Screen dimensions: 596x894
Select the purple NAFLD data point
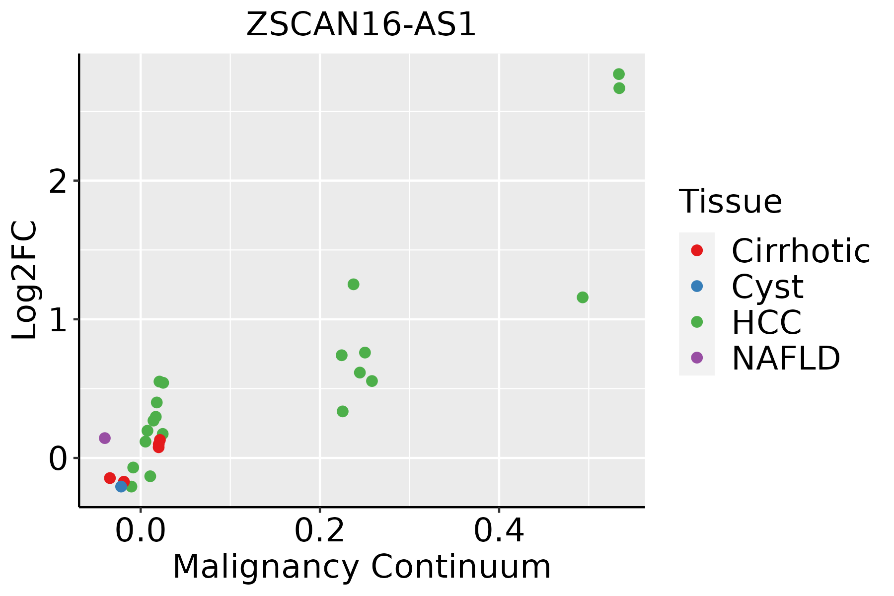coord(104,438)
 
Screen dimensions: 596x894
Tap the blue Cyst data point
coord(121,486)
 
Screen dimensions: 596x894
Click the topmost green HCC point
coord(619,74)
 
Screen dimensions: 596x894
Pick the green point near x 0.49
coord(583,298)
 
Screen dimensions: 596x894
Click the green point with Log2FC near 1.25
coord(354,285)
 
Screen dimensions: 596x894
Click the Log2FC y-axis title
coord(25,281)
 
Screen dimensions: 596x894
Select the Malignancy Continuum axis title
coord(362,567)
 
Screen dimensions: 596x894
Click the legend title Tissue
coord(730,202)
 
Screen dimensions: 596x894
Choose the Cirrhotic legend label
coord(801,251)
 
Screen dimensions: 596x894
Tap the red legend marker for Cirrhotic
coord(697,250)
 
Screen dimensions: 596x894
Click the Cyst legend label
coord(767,287)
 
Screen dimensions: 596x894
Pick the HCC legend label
coord(766,322)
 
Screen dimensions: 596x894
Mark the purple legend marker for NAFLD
coord(697,357)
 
